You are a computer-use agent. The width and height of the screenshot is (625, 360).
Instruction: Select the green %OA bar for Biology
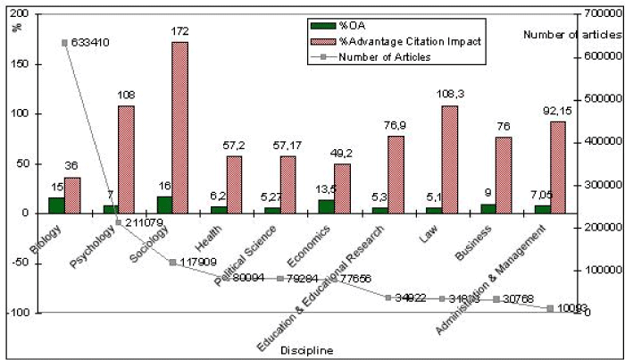point(55,205)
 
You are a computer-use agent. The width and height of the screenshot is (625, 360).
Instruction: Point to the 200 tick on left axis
point(28,15)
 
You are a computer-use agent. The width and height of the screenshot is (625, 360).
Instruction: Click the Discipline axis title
point(305,350)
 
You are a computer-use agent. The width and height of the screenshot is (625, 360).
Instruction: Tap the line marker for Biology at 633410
point(64,42)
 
